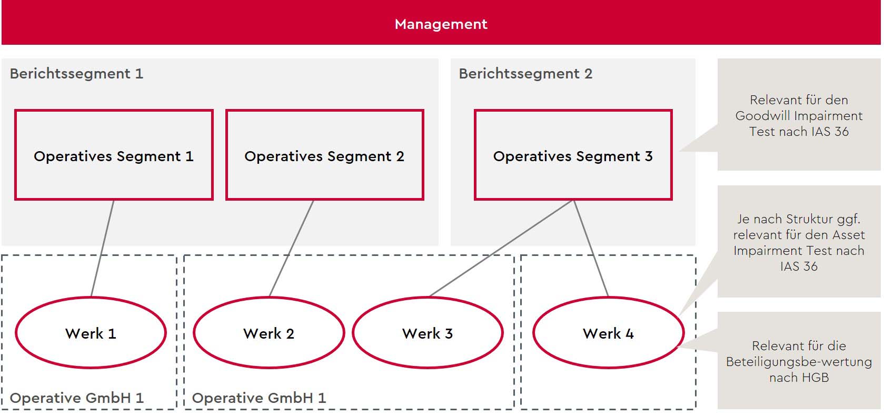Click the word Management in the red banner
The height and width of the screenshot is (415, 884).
(441, 24)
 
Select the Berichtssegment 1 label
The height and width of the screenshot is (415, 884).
(76, 74)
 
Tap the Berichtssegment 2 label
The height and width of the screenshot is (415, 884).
(525, 74)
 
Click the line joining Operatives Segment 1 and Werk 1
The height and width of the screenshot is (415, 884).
(103, 249)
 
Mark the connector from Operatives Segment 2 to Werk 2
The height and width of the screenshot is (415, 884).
(292, 249)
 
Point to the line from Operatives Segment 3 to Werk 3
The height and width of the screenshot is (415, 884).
(501, 249)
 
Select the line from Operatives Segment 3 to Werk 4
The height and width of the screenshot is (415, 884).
(591, 249)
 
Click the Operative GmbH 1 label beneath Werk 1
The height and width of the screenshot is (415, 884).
(76, 398)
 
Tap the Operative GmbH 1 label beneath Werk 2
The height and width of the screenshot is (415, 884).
(259, 398)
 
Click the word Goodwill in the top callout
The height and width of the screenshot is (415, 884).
(763, 116)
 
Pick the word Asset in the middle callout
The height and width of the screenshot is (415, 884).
(849, 235)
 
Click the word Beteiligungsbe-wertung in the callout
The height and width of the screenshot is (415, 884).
(799, 362)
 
